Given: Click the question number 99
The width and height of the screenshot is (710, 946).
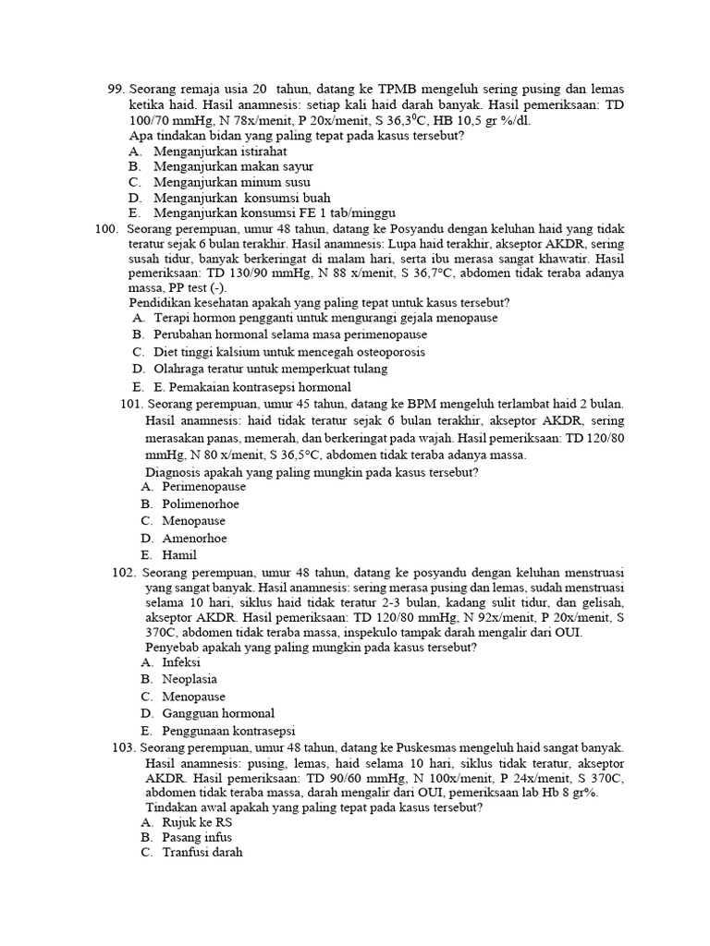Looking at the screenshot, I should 116,90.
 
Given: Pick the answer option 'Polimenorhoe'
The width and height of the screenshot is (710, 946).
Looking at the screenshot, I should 200,503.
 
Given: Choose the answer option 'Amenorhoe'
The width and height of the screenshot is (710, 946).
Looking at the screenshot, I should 194,538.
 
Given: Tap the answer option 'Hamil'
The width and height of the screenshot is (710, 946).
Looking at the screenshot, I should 179,555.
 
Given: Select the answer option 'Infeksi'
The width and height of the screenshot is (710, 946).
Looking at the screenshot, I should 181,662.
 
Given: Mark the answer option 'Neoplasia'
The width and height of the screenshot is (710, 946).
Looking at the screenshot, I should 190,679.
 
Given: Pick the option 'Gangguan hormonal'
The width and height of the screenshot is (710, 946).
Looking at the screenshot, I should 218,713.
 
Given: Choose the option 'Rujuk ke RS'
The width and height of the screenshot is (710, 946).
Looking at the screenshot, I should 197,821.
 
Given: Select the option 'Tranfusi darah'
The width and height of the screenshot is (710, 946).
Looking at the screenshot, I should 202,853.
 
